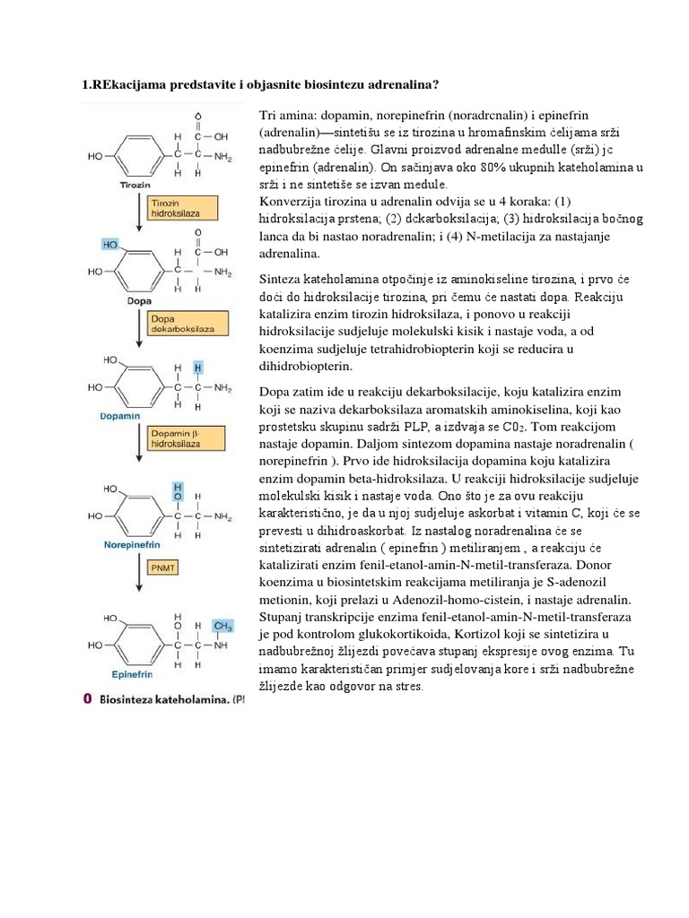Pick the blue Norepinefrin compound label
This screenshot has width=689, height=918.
pos(133,544)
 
